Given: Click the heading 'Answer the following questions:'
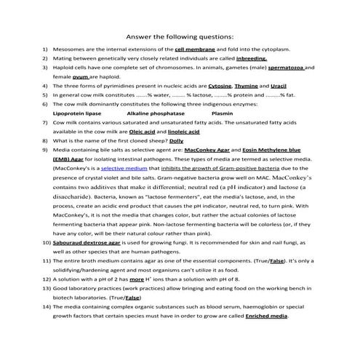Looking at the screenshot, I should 180,35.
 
